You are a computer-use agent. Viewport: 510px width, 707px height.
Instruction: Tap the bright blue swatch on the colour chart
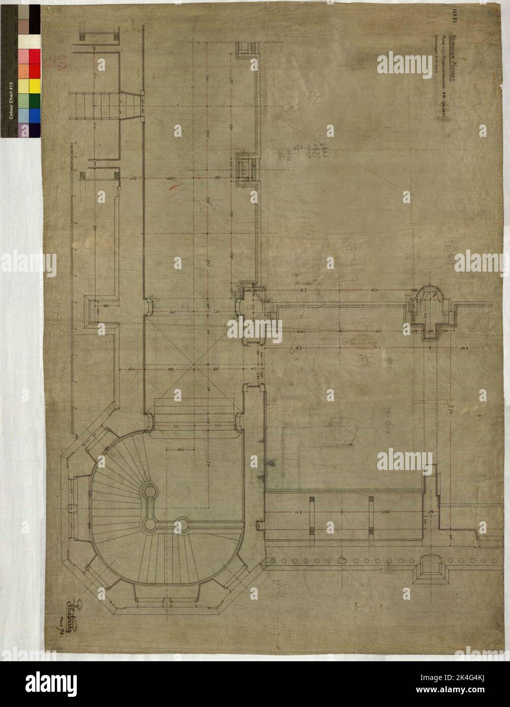(x=35, y=116)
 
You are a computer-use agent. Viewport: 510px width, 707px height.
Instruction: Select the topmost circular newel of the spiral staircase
(x=149, y=491)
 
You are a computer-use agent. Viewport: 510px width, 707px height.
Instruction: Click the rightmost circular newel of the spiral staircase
(x=183, y=522)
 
